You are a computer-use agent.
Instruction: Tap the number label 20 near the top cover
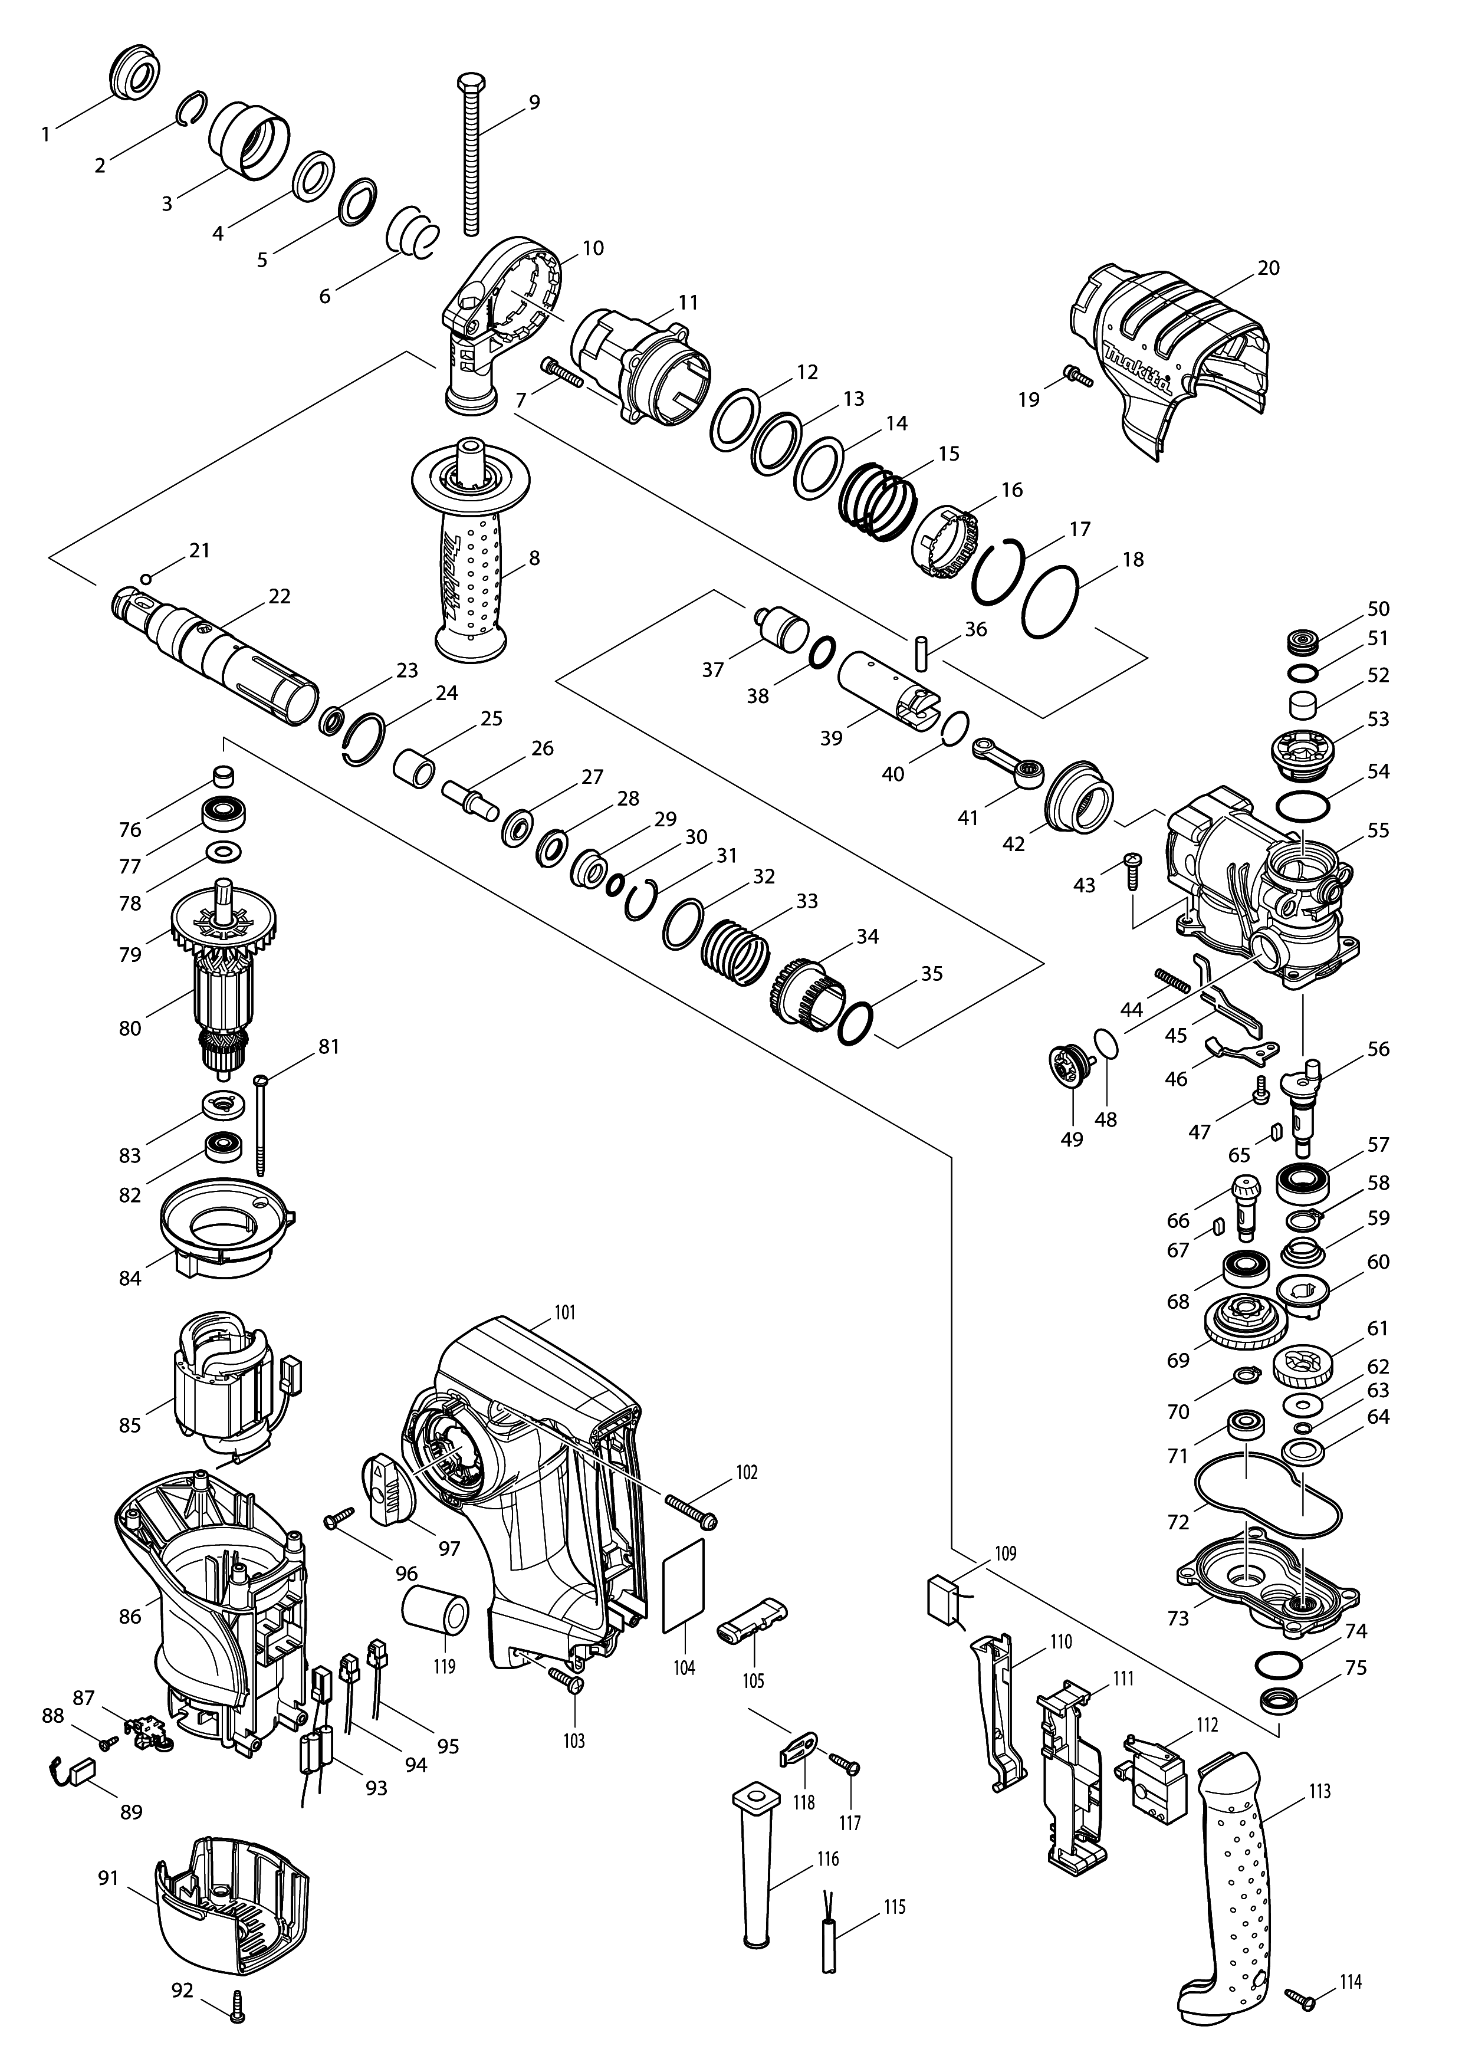[1269, 268]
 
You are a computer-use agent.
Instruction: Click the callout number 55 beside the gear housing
[1378, 830]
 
